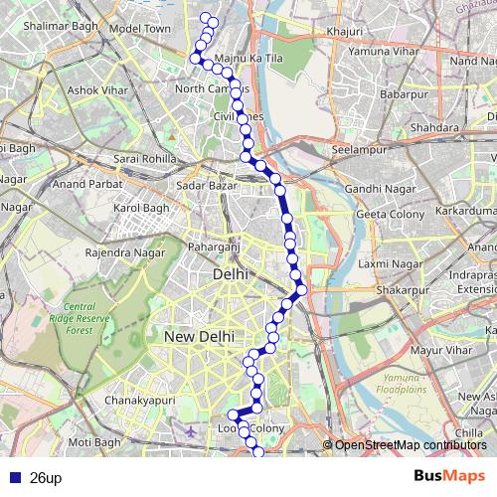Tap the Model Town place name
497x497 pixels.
point(140,29)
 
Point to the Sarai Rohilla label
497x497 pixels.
point(145,159)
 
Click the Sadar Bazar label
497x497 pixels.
point(204,185)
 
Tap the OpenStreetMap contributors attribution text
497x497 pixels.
point(411,445)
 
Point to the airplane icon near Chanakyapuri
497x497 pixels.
point(192,433)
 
